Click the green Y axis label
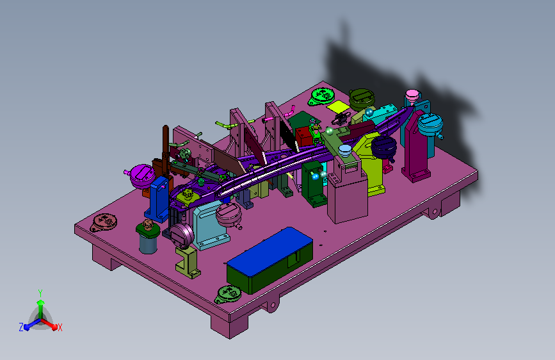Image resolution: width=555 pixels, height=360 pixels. pos(40,293)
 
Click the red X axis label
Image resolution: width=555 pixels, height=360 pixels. pos(60,327)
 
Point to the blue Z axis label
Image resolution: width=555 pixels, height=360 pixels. pos(21,327)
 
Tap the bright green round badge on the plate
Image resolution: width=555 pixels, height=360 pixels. pos(322,96)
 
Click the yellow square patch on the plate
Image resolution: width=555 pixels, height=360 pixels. pos(339,106)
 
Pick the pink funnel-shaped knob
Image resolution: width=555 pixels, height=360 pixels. pos(412,95)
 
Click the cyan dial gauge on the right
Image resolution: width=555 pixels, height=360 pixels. pos(430,125)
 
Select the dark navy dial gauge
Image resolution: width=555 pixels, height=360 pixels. pos(383,147)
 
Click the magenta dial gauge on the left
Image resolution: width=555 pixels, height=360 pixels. pos(141,176)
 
